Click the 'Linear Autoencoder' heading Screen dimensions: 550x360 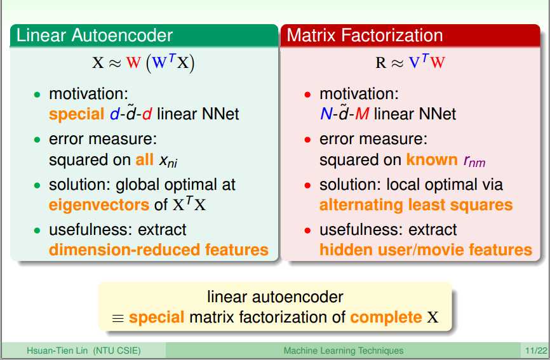tap(95, 36)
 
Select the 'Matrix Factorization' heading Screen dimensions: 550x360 tap(365, 36)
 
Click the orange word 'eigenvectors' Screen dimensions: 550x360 tap(99, 205)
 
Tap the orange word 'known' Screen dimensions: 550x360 tap(432, 159)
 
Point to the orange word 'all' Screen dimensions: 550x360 tap(145, 159)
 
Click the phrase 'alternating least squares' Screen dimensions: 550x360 tap(416, 205)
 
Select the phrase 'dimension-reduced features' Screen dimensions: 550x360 tap(159, 250)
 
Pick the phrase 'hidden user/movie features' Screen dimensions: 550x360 tap(426, 250)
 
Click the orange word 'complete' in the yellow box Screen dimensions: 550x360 tap(386, 317)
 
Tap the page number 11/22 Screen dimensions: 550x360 tap(536, 350)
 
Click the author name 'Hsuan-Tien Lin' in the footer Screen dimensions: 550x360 tap(57, 350)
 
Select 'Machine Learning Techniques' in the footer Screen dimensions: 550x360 tap(344, 350)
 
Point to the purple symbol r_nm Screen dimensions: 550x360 tap(474, 161)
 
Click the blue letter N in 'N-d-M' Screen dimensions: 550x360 tap(326, 114)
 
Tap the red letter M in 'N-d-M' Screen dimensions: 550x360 tap(363, 114)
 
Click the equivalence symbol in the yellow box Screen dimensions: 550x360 tap(118, 318)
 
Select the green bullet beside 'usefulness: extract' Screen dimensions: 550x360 tap(37, 230)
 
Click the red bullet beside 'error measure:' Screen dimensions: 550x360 tap(307, 140)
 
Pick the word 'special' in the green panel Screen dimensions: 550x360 tap(76, 114)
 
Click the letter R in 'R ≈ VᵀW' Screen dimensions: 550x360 tap(380, 63)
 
